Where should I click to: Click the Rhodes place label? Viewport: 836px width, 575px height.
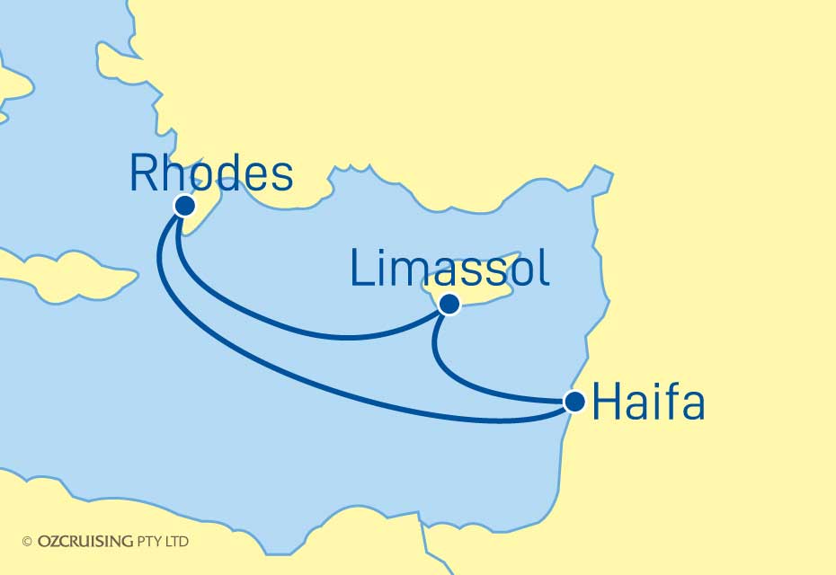(211, 172)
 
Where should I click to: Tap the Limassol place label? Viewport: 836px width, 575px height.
(449, 268)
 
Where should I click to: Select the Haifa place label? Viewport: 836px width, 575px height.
(647, 404)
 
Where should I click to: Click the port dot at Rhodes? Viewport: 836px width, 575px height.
(185, 206)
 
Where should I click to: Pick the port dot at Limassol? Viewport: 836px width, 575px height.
(449, 305)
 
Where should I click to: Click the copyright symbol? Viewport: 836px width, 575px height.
(27, 541)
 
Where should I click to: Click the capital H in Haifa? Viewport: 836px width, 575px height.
(607, 404)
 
